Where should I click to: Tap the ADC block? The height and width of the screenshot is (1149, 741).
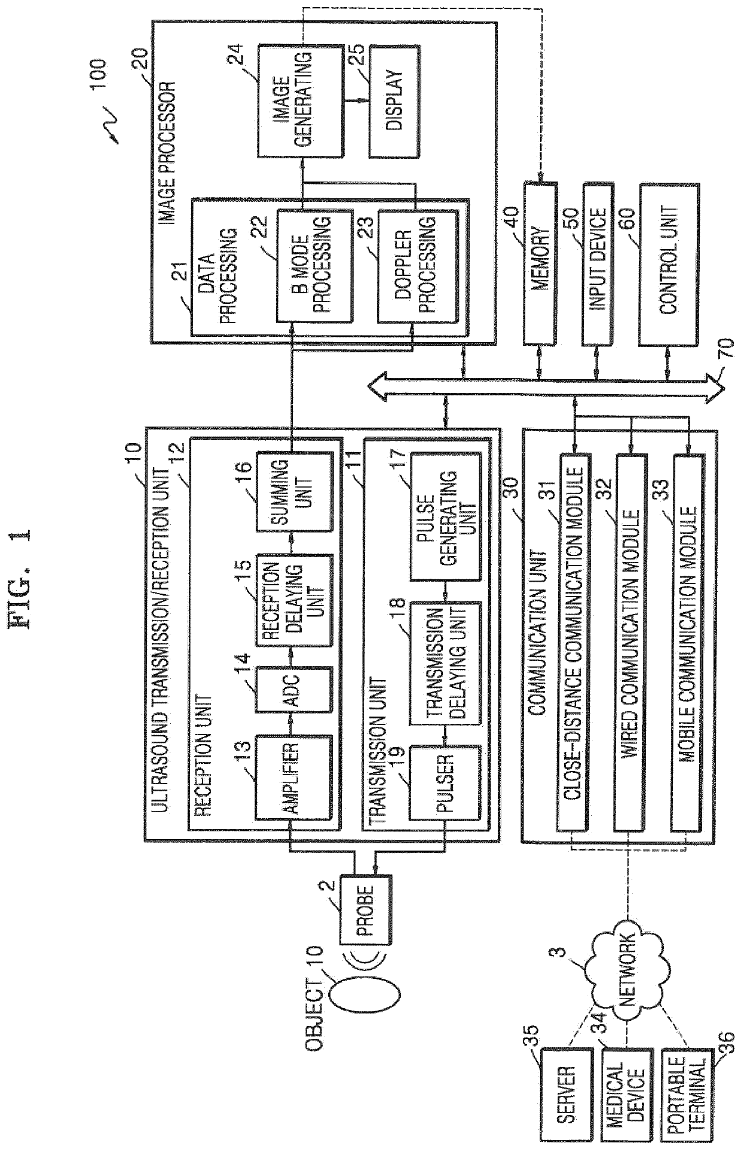click(293, 689)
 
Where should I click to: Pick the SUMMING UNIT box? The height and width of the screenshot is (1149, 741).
click(293, 491)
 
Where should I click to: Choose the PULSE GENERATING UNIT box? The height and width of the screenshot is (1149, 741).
click(445, 516)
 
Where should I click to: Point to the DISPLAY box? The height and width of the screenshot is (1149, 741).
click(393, 101)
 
